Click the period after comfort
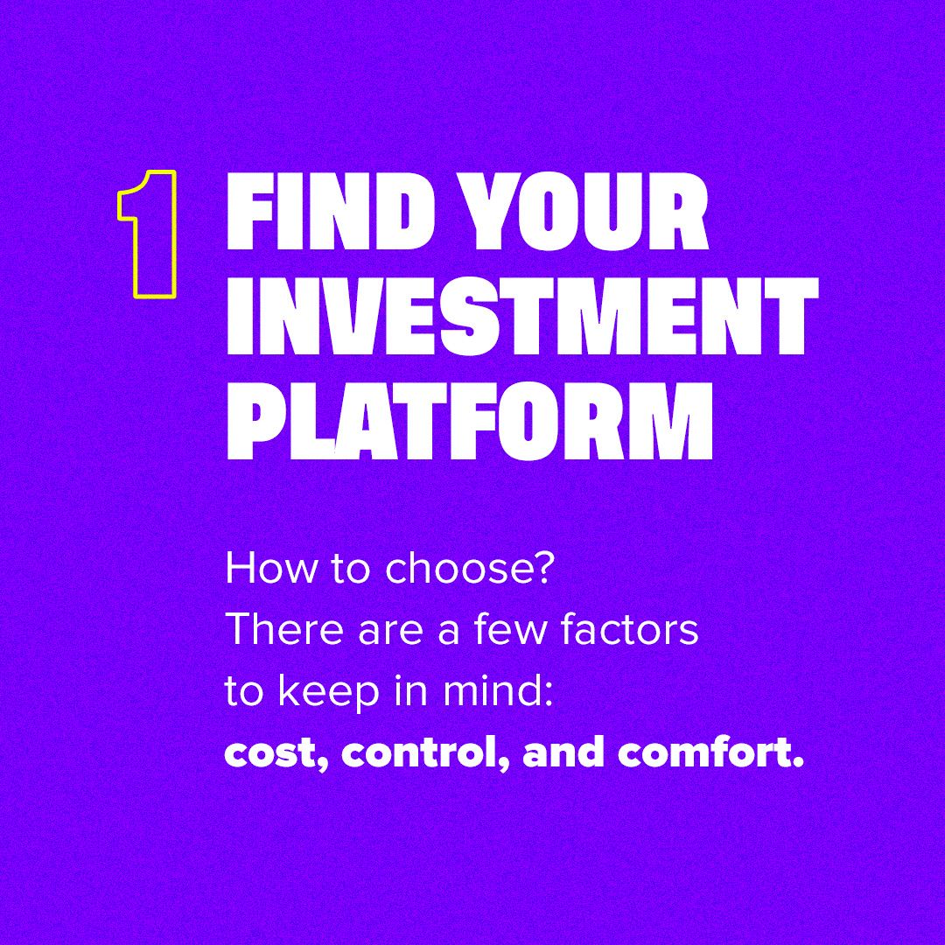tap(797, 763)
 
